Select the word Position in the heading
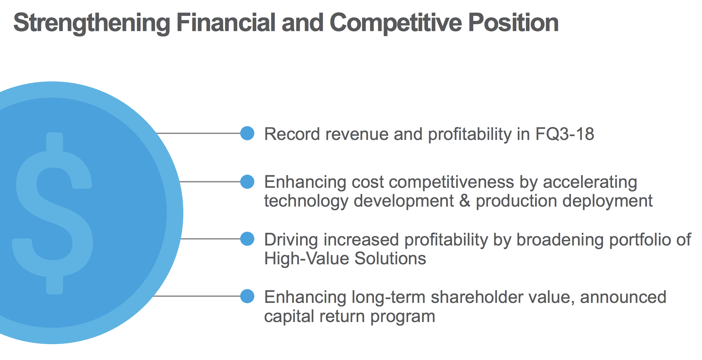(513, 23)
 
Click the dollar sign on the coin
(53, 213)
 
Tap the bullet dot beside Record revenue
(247, 133)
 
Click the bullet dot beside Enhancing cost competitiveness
(247, 182)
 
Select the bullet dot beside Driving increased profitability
(247, 239)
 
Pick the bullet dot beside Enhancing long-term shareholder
(247, 296)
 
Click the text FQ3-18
(565, 134)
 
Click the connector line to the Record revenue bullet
(199, 133)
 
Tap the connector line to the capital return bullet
(197, 296)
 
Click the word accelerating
(590, 182)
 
